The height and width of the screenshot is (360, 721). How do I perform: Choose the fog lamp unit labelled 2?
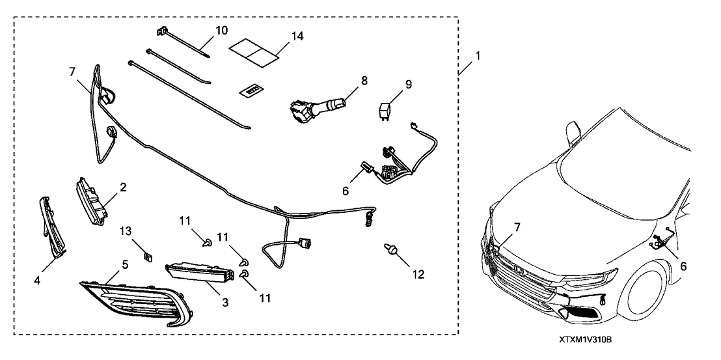click(x=92, y=202)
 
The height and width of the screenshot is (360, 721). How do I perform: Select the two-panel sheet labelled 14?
click(x=253, y=49)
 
